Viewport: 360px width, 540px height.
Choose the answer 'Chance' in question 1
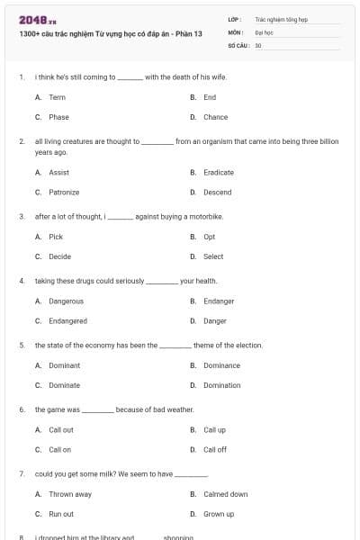[x=215, y=117]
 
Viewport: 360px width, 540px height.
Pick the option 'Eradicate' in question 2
[x=218, y=173]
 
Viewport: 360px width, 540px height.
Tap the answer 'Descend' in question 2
[x=217, y=193]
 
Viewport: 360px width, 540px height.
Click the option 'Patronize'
[x=64, y=193]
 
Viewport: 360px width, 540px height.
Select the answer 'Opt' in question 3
[x=209, y=237]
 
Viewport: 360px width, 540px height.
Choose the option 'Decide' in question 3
[x=59, y=256]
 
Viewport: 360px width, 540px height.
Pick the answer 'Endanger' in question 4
[x=219, y=301]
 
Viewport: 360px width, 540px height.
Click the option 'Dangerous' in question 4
[x=66, y=301]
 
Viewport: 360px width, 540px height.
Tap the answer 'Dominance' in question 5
[x=221, y=365]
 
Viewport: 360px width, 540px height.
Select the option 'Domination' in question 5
[x=221, y=385]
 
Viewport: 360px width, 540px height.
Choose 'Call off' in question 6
[x=215, y=449]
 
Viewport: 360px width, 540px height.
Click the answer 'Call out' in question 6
[x=61, y=430]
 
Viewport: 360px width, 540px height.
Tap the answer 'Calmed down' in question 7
[x=225, y=494]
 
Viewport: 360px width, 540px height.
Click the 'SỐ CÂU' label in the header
[x=238, y=44]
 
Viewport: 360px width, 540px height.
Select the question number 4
[x=21, y=281]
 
